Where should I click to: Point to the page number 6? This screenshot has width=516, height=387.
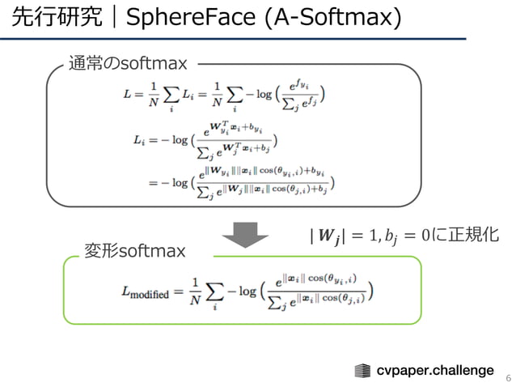(x=508, y=377)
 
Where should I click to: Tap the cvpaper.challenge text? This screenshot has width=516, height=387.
(x=435, y=370)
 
